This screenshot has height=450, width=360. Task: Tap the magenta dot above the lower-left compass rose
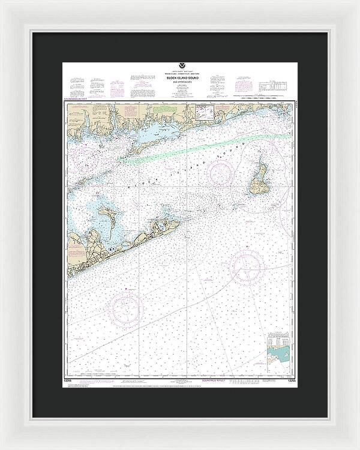[x=125, y=289]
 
